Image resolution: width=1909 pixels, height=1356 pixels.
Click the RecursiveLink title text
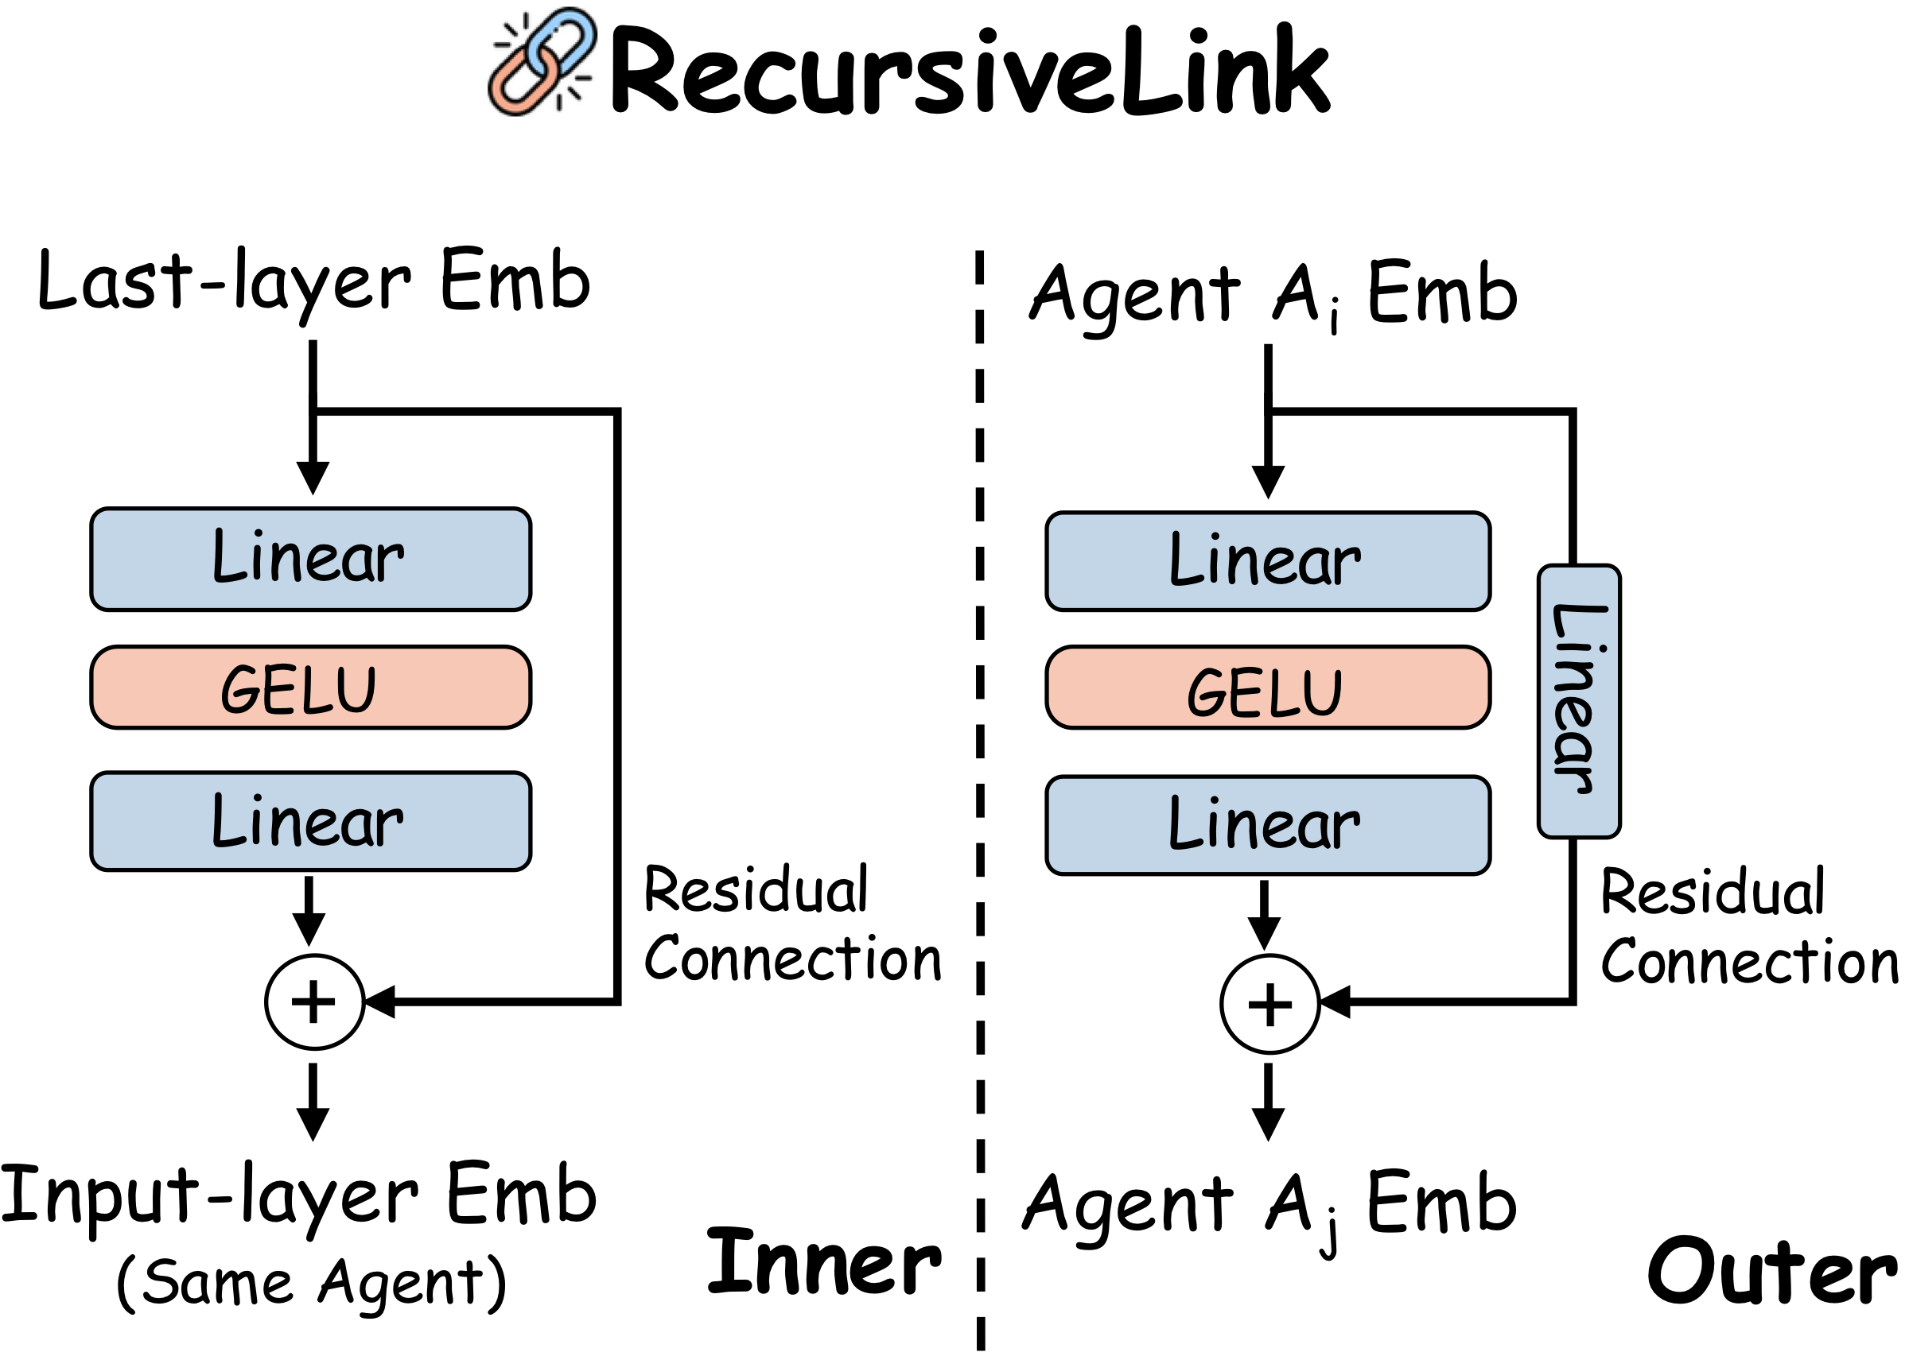(969, 71)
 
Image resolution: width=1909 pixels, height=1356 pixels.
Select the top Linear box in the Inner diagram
(310, 559)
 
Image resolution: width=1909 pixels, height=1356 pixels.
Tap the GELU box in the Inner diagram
(310, 688)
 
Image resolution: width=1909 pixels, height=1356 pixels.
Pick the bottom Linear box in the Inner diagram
(310, 822)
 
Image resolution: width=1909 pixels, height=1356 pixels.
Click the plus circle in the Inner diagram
(314, 1002)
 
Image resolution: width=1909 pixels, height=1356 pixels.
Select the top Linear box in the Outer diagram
(1266, 561)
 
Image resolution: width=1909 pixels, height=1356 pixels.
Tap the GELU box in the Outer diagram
(1266, 688)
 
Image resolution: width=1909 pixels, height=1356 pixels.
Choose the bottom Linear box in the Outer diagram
(1266, 825)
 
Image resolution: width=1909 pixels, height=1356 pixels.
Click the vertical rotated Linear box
(1578, 700)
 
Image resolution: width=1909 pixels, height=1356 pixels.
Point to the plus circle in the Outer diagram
(1269, 1003)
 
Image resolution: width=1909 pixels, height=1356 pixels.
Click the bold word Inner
(823, 1263)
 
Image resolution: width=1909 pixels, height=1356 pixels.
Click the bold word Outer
(1771, 1272)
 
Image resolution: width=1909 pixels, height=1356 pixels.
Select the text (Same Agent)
(311, 1283)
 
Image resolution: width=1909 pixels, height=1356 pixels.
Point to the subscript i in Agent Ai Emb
(1334, 320)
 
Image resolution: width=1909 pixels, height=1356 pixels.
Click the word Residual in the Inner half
(756, 890)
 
